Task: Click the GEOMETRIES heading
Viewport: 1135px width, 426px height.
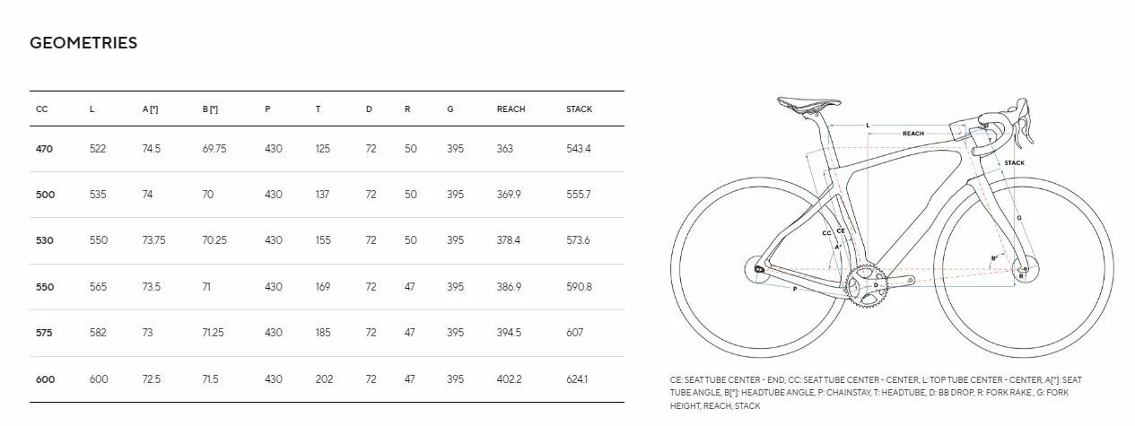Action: tap(83, 43)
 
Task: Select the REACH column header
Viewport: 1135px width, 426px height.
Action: tap(511, 109)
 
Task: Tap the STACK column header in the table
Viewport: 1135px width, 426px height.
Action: tap(579, 109)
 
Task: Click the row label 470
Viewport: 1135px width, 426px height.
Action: tap(44, 149)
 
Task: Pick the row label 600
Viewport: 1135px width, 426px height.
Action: tap(44, 379)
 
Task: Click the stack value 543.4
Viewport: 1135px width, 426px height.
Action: tap(579, 149)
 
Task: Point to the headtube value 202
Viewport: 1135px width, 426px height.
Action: tap(324, 379)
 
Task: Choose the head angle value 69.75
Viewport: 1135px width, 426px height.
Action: tap(214, 149)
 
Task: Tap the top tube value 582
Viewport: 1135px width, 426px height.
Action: tap(98, 333)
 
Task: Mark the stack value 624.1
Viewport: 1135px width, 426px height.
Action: tap(578, 379)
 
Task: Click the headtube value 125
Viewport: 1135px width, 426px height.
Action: tap(323, 149)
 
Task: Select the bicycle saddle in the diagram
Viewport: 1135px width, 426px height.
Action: tap(807, 104)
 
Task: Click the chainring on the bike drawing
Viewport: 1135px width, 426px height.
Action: tap(865, 285)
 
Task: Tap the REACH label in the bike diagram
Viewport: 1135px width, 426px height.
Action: tap(912, 134)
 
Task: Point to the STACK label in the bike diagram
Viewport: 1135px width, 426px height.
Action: tap(1014, 163)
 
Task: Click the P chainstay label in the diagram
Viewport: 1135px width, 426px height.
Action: tap(794, 289)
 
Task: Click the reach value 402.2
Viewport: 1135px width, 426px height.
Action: tap(509, 379)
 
